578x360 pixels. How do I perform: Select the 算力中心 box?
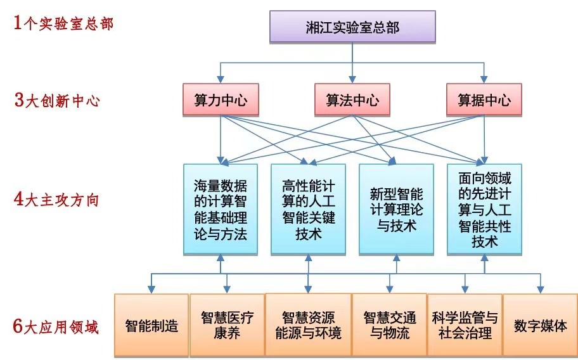[x=220, y=100]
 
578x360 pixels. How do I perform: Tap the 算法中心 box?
[x=352, y=100]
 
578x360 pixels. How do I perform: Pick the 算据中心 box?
[x=484, y=100]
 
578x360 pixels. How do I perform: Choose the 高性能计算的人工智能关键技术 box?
[x=308, y=209]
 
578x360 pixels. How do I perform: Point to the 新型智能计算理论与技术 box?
[x=396, y=209]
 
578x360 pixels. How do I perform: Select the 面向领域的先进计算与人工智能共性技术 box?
[x=484, y=209]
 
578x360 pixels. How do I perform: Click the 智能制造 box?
[x=151, y=326]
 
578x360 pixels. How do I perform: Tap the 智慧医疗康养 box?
[x=227, y=326]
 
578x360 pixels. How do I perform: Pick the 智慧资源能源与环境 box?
[x=308, y=326]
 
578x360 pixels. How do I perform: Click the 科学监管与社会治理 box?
[x=465, y=326]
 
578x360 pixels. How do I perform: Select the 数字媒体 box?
[x=541, y=326]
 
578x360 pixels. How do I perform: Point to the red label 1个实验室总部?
[x=63, y=24]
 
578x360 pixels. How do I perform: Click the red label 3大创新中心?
[x=57, y=101]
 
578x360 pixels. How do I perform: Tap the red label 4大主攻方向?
[x=57, y=200]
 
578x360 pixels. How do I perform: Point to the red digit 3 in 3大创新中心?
[x=19, y=101]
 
